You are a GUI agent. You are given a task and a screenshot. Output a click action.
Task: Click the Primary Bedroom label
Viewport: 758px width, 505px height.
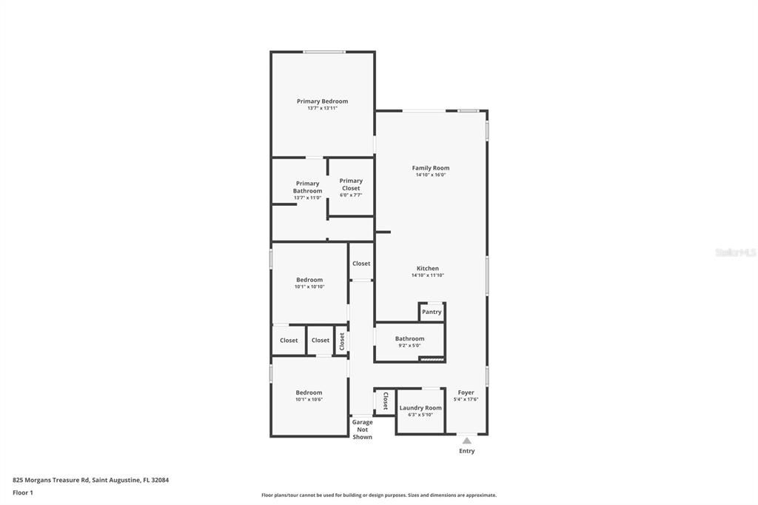pos(322,101)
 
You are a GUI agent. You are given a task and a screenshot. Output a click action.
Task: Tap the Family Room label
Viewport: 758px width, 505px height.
pos(430,168)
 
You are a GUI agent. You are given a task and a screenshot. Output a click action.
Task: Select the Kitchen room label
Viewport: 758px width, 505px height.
pos(427,268)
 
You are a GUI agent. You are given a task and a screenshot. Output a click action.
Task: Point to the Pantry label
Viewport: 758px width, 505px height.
pos(432,312)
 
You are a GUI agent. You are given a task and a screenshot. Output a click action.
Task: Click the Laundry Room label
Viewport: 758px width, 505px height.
pos(420,407)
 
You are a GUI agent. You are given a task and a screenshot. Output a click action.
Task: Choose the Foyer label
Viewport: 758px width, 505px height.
pos(466,392)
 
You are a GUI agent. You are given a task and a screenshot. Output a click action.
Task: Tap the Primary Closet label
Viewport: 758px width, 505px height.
pos(351,184)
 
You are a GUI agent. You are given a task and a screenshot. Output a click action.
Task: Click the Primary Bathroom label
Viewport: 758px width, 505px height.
pos(307,187)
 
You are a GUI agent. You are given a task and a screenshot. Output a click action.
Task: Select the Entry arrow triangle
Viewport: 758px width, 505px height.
pos(466,441)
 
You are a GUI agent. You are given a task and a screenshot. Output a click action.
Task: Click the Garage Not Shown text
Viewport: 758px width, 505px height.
pos(362,429)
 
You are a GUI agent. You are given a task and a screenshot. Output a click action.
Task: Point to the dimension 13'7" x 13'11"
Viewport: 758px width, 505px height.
pos(322,108)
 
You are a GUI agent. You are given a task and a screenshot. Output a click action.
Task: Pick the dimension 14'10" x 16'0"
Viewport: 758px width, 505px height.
pos(430,175)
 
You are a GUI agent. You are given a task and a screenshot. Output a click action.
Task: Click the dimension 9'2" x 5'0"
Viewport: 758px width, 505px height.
pos(409,345)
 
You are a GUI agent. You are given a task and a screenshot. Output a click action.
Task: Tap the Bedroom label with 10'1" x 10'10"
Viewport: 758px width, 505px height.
pos(309,280)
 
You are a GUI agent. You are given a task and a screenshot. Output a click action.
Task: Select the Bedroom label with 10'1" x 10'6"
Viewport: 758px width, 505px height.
pos(309,392)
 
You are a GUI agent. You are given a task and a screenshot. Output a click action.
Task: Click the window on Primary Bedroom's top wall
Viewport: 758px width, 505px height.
pos(323,52)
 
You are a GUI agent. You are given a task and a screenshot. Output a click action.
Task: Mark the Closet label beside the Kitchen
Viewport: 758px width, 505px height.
pos(361,264)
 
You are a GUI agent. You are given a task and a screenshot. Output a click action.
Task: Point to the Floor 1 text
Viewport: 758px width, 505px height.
pos(23,492)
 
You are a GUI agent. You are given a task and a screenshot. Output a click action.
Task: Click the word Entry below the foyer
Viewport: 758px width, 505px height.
pos(466,451)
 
